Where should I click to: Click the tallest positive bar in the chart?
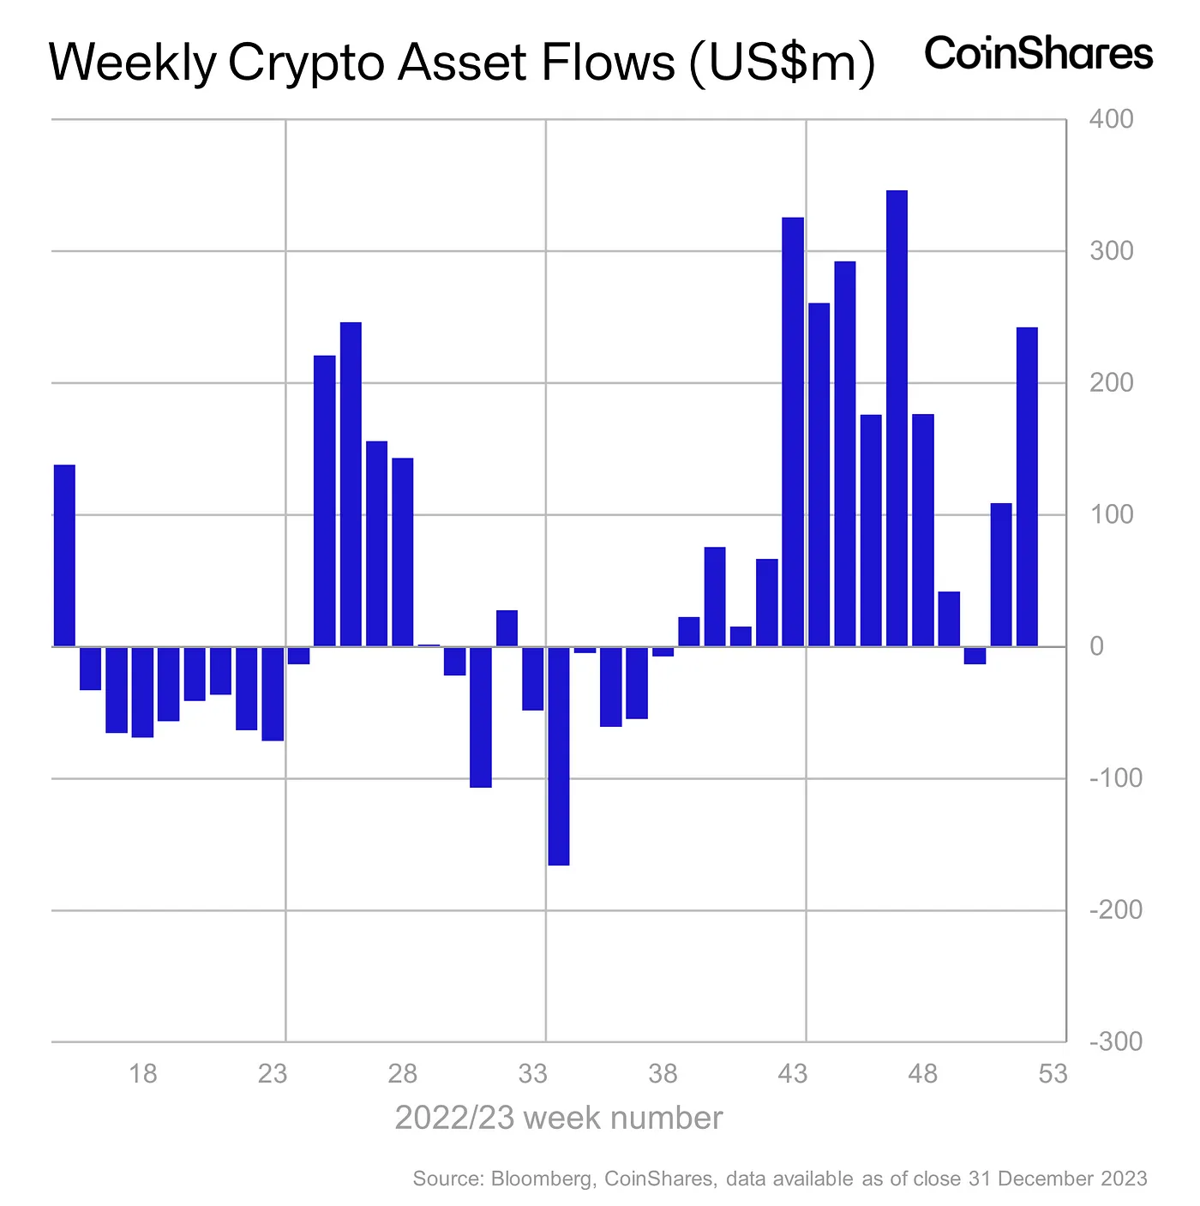coord(897,418)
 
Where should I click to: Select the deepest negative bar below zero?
coord(558,756)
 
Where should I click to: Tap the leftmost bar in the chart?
coord(64,555)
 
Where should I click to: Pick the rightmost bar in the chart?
coord(1027,487)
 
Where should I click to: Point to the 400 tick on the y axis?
coord(1111,119)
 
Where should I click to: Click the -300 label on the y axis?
coord(1115,1042)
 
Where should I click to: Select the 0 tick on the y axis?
coord(1096,647)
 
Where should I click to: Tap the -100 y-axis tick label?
coord(1115,778)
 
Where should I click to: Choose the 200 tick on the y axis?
coord(1111,383)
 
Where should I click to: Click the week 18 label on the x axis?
coord(143,1073)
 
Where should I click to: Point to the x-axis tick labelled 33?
coord(533,1073)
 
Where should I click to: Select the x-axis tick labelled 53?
coord(1053,1073)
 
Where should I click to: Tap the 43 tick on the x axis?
coord(793,1073)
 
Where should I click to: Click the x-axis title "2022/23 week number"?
coord(558,1119)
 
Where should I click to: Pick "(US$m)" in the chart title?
coord(782,63)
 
